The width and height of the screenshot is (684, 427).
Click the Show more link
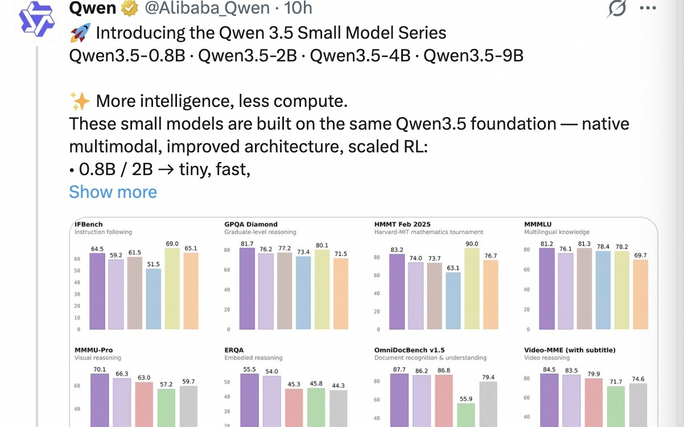click(113, 192)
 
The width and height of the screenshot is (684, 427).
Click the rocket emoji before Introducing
click(80, 33)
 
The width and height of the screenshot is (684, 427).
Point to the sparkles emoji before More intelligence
click(80, 102)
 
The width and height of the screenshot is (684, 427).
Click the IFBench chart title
click(89, 225)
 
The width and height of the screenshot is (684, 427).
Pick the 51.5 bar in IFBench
click(154, 299)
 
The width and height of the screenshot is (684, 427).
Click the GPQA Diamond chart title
click(251, 225)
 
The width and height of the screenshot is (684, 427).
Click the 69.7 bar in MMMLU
click(640, 294)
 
